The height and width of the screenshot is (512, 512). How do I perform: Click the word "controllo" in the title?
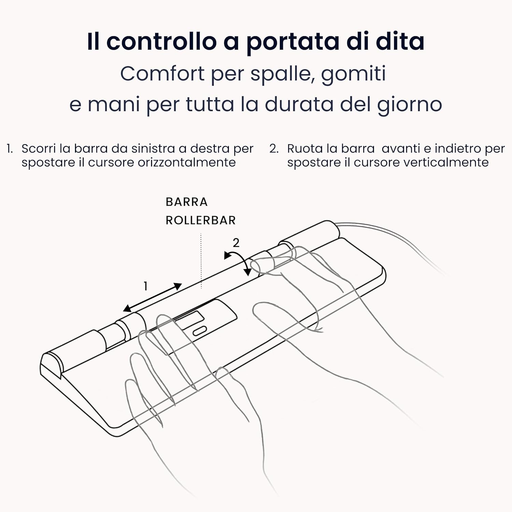(161, 42)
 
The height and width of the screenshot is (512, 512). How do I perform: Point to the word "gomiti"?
(353, 74)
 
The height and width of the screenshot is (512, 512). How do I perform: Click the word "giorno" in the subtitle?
(410, 104)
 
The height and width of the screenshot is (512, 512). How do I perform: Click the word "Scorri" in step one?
(38, 149)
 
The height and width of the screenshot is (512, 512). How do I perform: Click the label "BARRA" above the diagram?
(187, 202)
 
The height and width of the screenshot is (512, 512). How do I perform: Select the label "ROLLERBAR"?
(201, 221)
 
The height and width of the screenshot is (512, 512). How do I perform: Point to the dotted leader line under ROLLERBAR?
(201, 261)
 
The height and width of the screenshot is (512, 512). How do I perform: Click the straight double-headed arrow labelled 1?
(152, 297)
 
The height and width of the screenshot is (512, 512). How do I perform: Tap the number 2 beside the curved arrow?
(236, 243)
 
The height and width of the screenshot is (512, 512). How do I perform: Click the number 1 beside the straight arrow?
(145, 286)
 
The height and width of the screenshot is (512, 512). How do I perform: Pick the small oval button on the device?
(200, 330)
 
